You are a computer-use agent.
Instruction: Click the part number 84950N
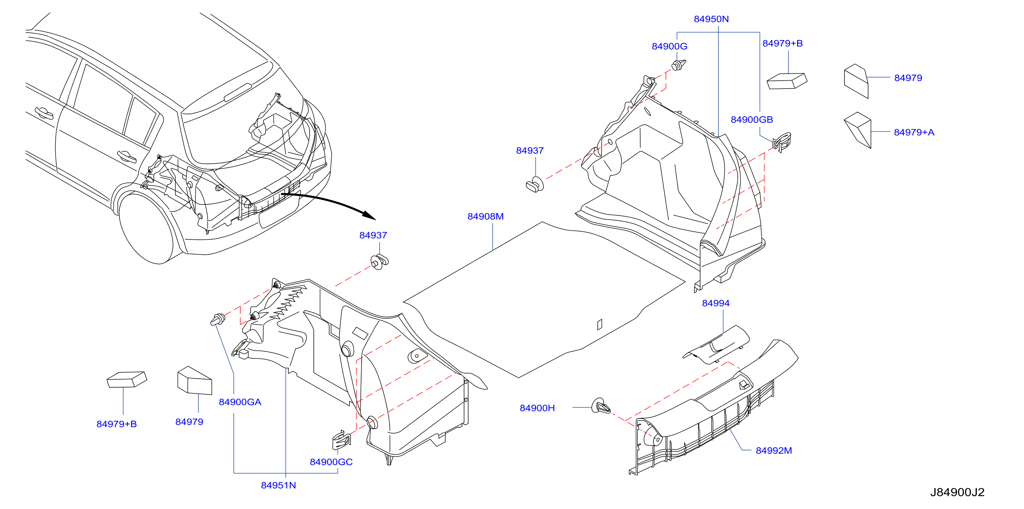click(x=711, y=19)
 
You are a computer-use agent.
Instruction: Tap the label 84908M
click(x=485, y=216)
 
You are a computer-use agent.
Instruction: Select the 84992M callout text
click(x=773, y=451)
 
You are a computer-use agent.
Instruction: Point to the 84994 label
click(x=715, y=303)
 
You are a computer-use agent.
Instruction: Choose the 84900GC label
click(x=331, y=462)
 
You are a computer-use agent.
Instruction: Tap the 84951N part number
click(x=278, y=485)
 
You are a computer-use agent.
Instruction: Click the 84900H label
click(x=537, y=408)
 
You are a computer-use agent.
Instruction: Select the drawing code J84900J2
click(x=957, y=492)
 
